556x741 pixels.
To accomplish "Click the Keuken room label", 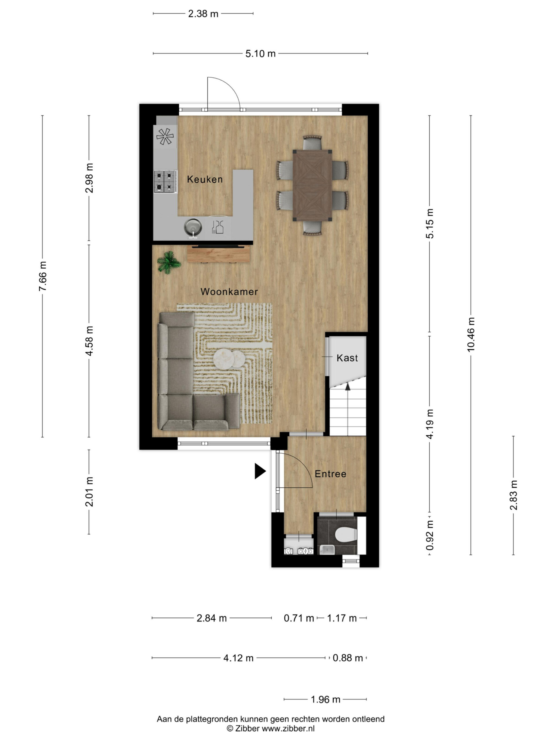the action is [x=204, y=179].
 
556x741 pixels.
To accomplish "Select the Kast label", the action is [x=347, y=358].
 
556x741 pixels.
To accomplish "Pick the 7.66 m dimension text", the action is [x=43, y=276].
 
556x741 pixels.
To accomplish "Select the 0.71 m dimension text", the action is [x=299, y=618].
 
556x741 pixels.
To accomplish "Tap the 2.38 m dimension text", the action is [x=203, y=14].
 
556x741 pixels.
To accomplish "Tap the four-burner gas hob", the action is [x=165, y=181].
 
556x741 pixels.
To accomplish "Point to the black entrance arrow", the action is [x=260, y=471].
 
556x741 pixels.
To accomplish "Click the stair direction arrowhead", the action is [x=348, y=387].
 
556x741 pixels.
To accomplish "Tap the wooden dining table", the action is [x=312, y=185].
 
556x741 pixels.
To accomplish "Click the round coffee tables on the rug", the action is [x=229, y=358].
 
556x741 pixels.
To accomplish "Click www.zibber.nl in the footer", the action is [x=288, y=728].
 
